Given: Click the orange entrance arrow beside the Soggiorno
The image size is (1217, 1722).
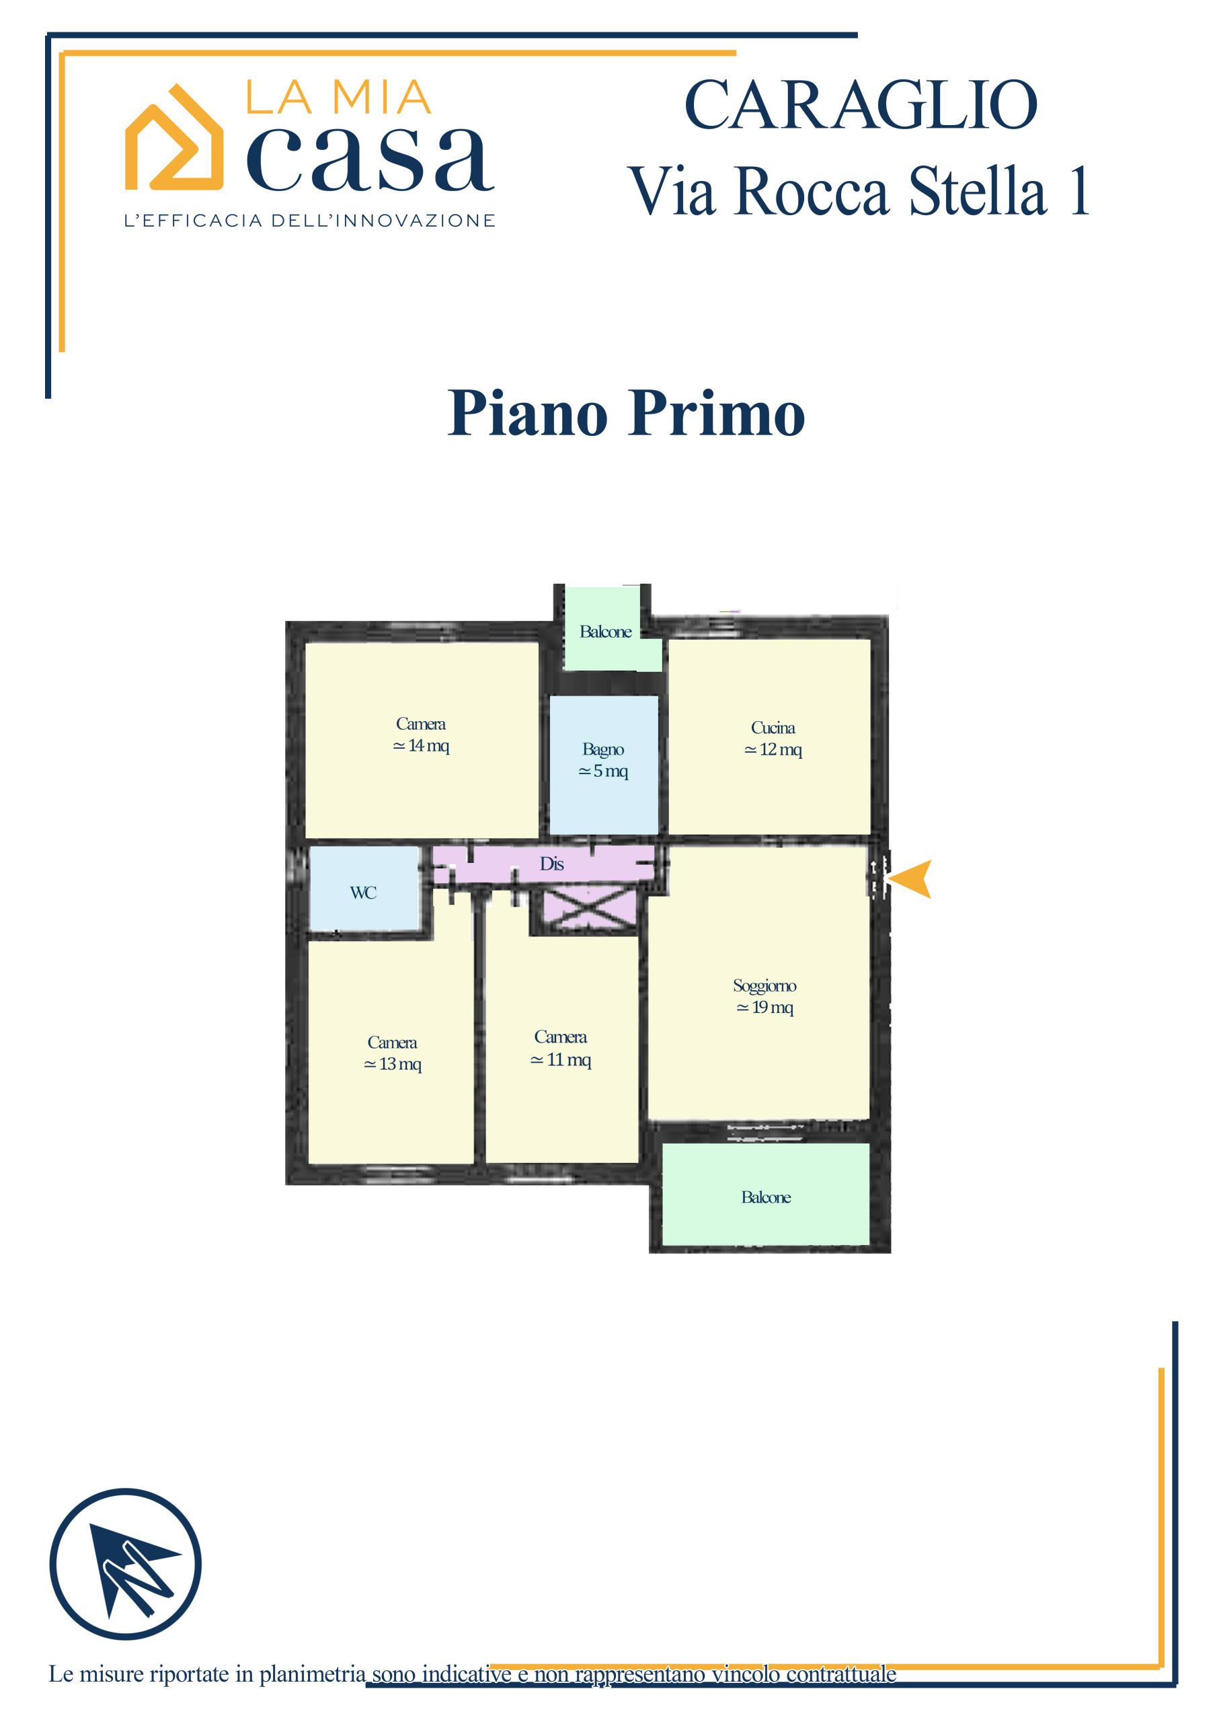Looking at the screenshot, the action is click(911, 878).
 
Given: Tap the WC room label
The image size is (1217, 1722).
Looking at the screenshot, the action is click(363, 893).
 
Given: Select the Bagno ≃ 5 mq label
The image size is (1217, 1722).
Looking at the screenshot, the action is click(603, 759).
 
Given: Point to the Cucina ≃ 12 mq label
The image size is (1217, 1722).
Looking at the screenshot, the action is click(773, 738).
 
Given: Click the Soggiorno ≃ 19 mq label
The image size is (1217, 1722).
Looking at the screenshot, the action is click(765, 996).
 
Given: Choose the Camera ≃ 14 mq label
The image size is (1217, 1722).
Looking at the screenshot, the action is click(421, 735).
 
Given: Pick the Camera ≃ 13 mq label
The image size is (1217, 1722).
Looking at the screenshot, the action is click(392, 1053).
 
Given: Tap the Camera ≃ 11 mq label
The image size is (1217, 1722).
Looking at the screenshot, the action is click(561, 1048).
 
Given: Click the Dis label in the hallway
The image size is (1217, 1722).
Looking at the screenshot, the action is click(552, 864).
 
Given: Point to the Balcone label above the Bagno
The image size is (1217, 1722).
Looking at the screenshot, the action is click(605, 632).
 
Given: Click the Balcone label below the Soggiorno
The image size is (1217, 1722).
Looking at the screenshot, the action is click(766, 1197).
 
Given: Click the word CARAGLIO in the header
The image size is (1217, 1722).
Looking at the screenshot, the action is click(861, 105).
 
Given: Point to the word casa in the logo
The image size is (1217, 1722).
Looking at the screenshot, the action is click(370, 159).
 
